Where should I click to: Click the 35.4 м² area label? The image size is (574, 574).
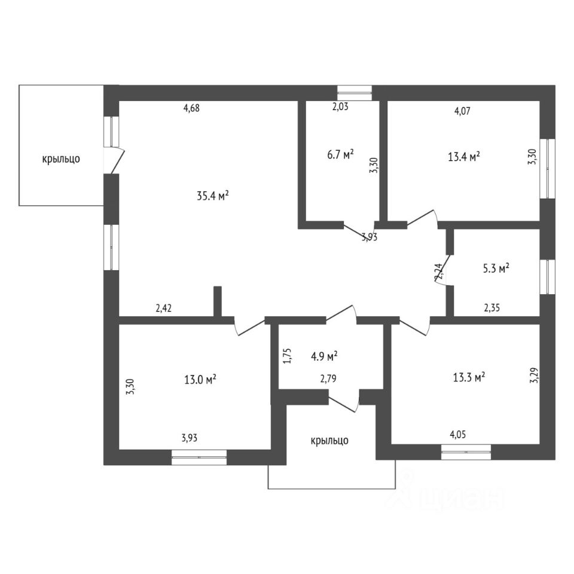click(213, 196)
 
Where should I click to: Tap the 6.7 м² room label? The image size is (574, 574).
click(340, 154)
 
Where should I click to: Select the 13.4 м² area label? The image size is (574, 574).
click(464, 157)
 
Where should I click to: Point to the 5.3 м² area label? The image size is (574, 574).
click(496, 268)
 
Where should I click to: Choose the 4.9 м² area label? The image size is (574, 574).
click(324, 356)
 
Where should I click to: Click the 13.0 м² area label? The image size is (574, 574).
click(200, 379)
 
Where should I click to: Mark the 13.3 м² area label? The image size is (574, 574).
click(469, 377)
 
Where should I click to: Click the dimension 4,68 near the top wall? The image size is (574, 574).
click(191, 108)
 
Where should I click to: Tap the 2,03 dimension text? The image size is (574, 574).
click(340, 107)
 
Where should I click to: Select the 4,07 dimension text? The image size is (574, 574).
click(462, 111)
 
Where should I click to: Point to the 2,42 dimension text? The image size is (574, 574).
click(163, 309)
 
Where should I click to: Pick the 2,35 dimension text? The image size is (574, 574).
click(491, 308)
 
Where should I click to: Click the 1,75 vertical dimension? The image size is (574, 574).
click(288, 355)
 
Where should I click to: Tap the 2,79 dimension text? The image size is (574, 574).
click(328, 378)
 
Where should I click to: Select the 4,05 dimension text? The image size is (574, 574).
click(457, 434)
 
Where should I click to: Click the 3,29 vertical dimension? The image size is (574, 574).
click(534, 375)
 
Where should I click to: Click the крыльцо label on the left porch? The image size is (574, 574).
click(61, 159)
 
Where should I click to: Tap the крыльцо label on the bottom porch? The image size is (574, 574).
click(329, 441)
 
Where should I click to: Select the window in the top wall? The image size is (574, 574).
click(355, 93)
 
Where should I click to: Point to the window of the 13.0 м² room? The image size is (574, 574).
click(199, 457)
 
